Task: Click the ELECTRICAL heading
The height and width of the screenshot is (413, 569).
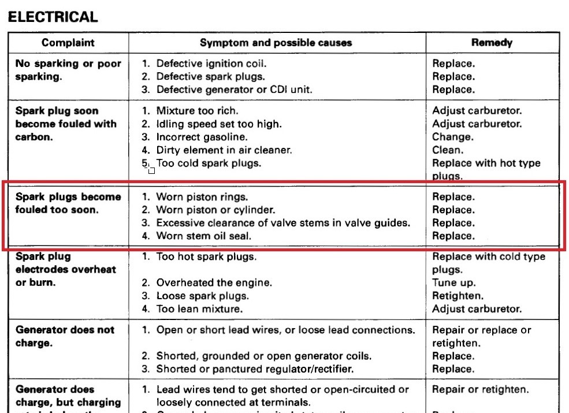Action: coord(53,17)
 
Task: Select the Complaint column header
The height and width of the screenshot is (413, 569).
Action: coord(68,43)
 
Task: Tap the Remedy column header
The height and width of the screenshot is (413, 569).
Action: coord(492,43)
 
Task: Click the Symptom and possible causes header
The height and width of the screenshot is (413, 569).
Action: coord(276,43)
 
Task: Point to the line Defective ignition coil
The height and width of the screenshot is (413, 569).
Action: coord(211,64)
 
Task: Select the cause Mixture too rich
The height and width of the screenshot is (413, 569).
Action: coord(197,111)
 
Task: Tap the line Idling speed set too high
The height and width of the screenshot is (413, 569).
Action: coord(219,124)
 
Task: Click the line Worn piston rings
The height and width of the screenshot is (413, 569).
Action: coord(202,197)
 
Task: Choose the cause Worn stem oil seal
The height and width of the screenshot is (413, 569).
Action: coord(204,236)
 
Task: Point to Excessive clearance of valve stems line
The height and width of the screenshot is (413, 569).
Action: coord(283,223)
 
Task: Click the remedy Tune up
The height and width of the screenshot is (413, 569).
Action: coord(454,283)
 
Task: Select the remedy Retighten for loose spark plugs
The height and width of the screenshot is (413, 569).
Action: coord(458,296)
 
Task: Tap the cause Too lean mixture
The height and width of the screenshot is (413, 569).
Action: coord(199,309)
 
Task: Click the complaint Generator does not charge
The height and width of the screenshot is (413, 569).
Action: coord(65,336)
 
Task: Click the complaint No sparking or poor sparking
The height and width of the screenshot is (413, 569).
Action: coord(68,70)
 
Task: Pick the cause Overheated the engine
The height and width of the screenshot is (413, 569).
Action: coord(214,283)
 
